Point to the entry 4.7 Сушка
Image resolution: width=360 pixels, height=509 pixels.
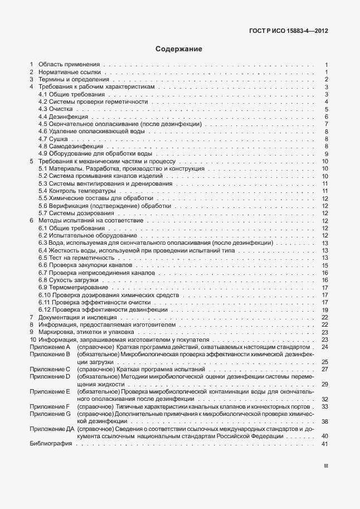53,139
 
